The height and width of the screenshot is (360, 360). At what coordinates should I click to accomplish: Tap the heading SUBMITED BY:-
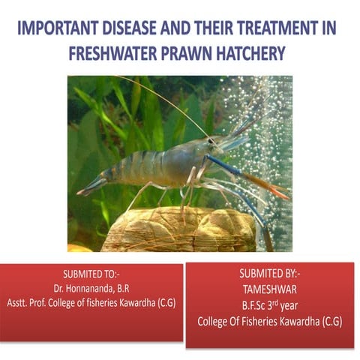(x=269, y=274)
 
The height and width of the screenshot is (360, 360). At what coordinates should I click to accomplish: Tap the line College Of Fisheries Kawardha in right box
(x=269, y=320)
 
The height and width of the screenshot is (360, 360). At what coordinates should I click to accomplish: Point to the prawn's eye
(x=212, y=140)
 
